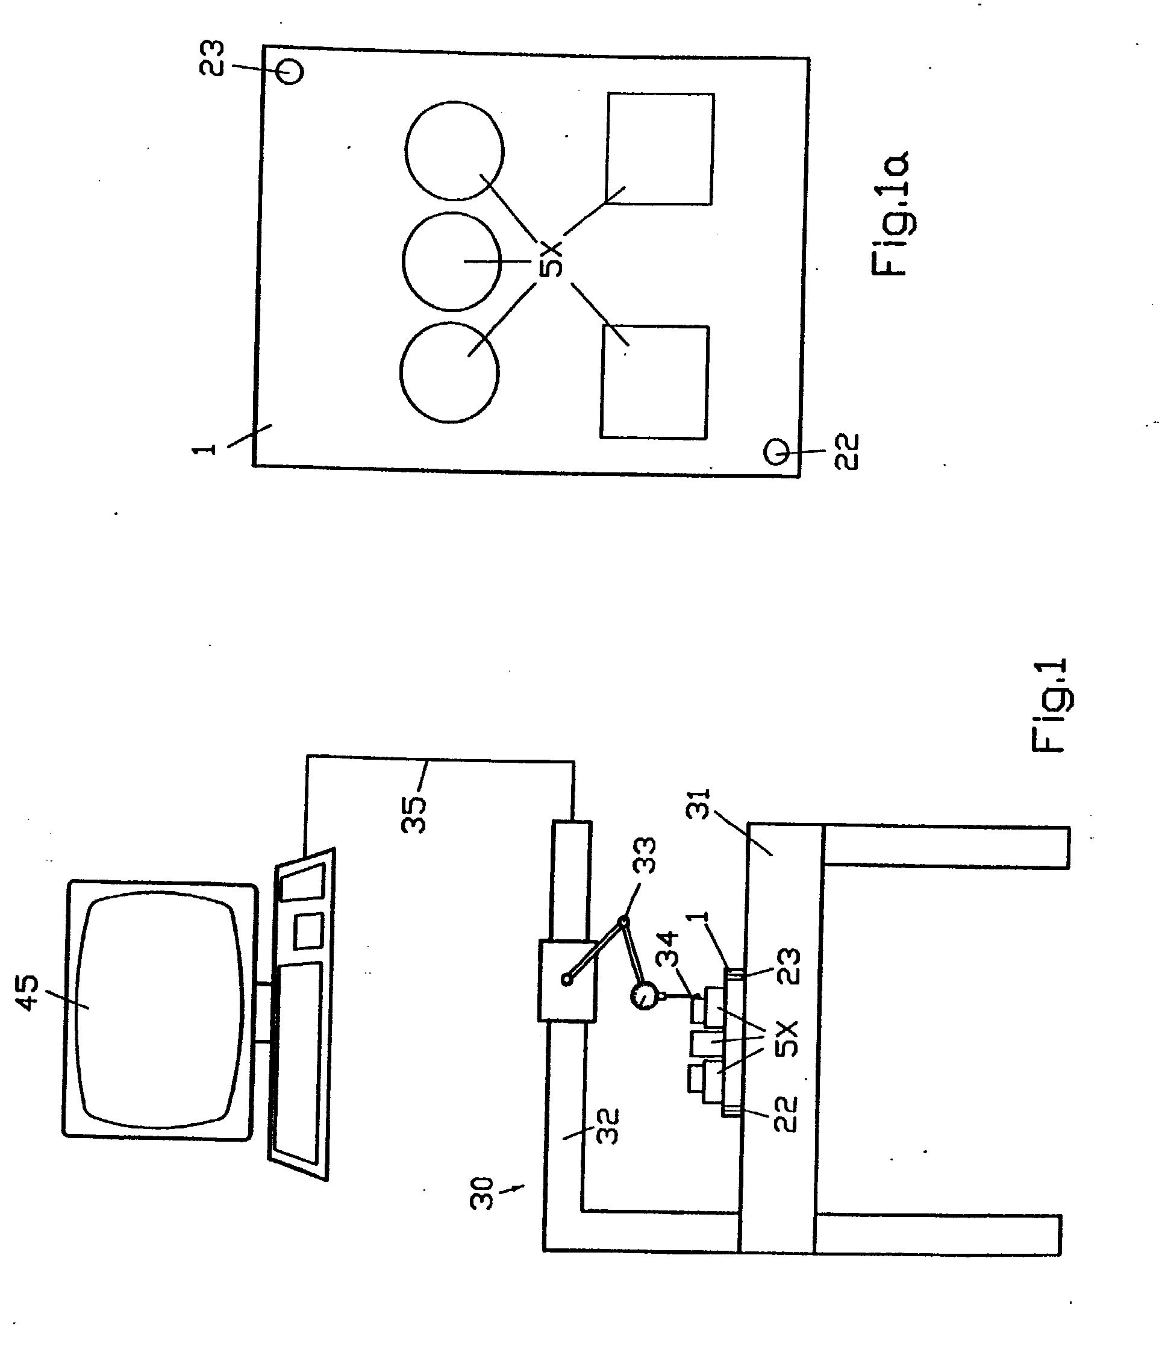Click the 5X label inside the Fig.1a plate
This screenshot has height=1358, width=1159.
click(x=551, y=259)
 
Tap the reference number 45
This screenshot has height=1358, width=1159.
click(x=28, y=993)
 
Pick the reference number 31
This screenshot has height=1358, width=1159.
click(x=698, y=804)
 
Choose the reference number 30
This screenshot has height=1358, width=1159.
click(x=481, y=1194)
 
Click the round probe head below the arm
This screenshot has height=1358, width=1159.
click(x=645, y=997)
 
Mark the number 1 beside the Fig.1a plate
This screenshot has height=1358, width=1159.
click(x=204, y=448)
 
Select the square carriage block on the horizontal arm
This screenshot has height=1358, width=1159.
click(x=567, y=980)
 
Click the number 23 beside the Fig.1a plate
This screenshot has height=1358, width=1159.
click(x=211, y=58)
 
